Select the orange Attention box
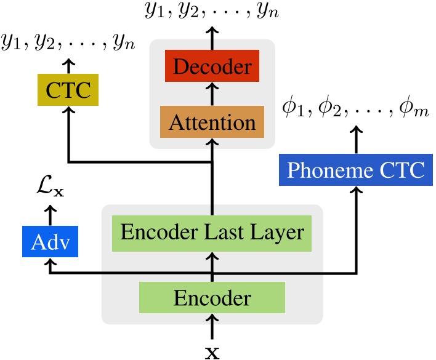click(x=212, y=121)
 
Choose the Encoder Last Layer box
click(x=212, y=233)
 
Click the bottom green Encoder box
click(x=212, y=298)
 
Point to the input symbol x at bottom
click(x=212, y=351)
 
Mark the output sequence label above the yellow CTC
click(x=68, y=44)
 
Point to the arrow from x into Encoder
click(x=212, y=327)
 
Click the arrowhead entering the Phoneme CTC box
click(x=355, y=190)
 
